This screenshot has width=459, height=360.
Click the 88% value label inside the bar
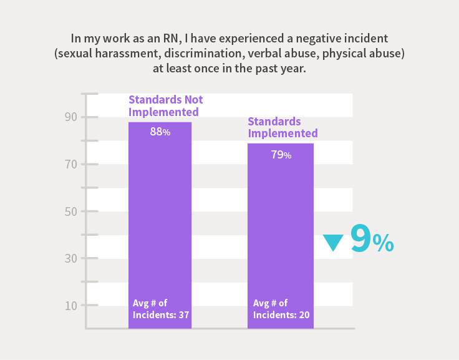point(160,132)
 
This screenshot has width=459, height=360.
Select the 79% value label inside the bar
point(281,154)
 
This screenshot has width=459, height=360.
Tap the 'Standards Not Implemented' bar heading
point(165,106)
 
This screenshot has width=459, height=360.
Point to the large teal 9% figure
point(372,239)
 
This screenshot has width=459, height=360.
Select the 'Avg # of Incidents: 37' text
point(160,309)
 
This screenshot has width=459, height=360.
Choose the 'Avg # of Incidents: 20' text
point(281,309)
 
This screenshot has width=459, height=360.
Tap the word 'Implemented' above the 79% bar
point(283,134)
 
